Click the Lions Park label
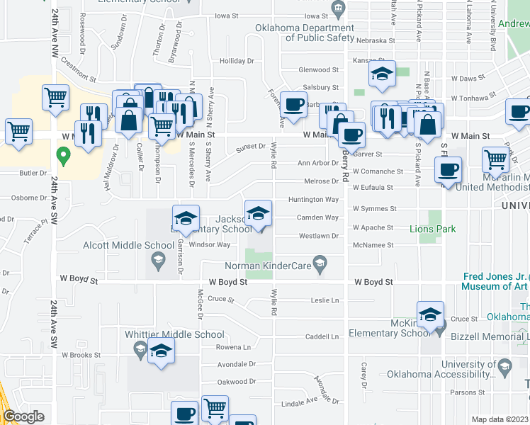tap(432, 229)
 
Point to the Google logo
tap(23, 416)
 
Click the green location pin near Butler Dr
tap(63, 154)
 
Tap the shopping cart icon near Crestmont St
tap(55, 98)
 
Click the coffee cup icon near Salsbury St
tap(293, 104)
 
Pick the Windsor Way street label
tap(209, 244)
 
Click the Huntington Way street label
tap(312, 200)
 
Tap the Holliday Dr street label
tap(237, 62)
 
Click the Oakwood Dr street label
tap(236, 382)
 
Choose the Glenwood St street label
tap(318, 70)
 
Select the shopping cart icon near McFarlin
tap(495, 159)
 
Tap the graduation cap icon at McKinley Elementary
tap(430, 314)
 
